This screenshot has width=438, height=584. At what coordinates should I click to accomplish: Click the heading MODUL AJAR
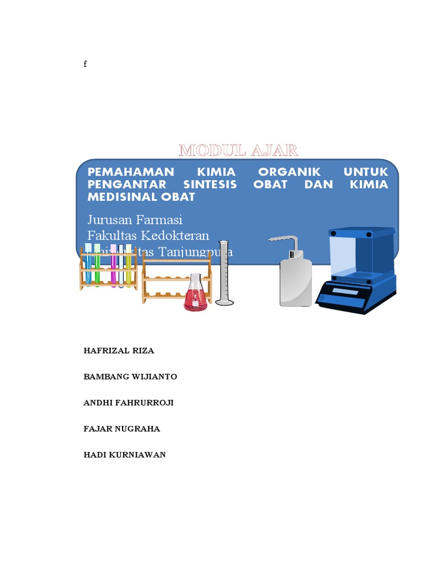238,151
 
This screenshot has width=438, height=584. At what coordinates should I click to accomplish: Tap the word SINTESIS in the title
209,184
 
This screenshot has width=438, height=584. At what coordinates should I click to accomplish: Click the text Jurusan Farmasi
135,220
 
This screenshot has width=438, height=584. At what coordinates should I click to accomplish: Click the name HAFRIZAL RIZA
119,351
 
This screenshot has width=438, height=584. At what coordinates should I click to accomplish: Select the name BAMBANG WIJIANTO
130,376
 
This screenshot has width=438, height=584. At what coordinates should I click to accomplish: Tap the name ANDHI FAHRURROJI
128,403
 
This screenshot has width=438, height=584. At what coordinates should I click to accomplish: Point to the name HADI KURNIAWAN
124,455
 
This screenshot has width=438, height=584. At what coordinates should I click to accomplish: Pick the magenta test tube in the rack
113,265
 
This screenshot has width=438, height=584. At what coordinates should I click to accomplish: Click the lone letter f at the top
85,64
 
